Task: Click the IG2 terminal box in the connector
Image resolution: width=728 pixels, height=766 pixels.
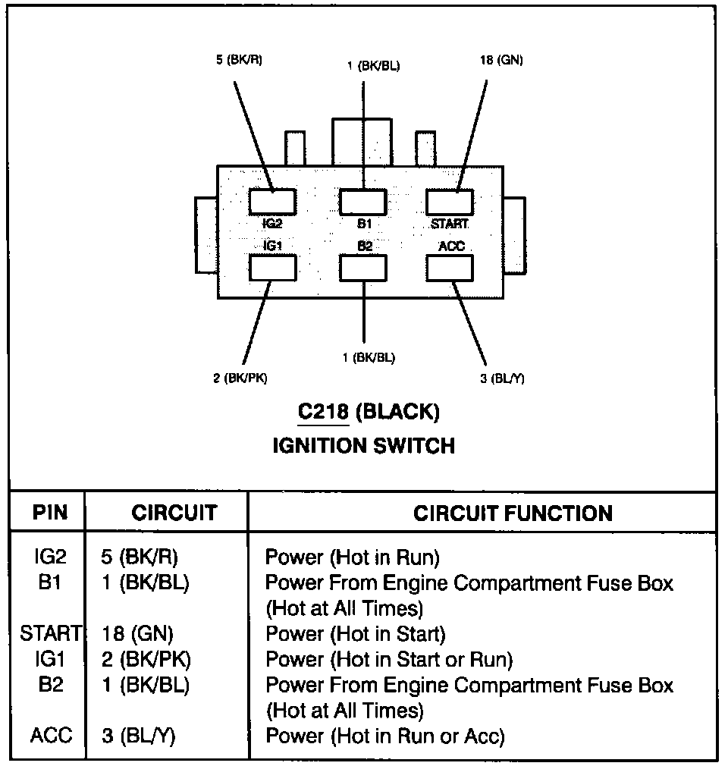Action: [x=272, y=202]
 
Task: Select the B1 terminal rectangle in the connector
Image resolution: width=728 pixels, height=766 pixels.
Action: [x=362, y=202]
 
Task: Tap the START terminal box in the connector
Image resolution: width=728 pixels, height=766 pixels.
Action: [x=450, y=202]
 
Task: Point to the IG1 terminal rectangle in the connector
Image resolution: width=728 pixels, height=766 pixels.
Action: [x=272, y=268]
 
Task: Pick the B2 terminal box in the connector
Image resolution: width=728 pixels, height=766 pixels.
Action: [x=362, y=268]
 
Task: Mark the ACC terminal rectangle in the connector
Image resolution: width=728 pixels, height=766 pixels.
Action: [x=450, y=268]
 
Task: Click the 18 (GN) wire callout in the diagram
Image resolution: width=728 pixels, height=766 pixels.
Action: [x=500, y=60]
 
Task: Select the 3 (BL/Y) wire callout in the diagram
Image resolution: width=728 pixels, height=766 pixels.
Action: [x=501, y=378]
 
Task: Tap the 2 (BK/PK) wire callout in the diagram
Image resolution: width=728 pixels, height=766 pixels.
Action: [x=240, y=378]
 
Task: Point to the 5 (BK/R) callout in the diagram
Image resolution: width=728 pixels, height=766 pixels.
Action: [x=239, y=60]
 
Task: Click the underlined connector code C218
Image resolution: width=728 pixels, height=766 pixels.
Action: [x=323, y=412]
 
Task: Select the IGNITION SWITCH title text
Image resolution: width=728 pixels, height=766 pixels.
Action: [x=363, y=445]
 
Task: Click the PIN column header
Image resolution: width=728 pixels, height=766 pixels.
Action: [x=50, y=513]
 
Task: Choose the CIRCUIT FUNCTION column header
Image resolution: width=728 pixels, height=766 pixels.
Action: [x=513, y=513]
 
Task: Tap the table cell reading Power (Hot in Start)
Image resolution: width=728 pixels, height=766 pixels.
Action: [x=355, y=633]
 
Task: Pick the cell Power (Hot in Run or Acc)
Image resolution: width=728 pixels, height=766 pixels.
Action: [x=384, y=736]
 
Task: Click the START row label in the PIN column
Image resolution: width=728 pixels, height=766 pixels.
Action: [x=50, y=633]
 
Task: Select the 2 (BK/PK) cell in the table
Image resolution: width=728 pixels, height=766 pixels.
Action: [x=146, y=659]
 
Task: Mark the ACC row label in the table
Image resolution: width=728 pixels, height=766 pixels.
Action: [x=52, y=736]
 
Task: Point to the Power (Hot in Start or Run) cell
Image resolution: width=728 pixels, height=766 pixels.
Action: [x=388, y=659]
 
